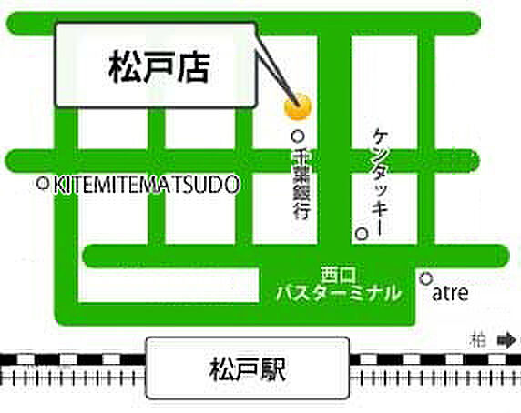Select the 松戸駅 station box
(248, 369)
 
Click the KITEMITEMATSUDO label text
(147, 184)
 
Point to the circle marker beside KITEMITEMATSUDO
(42, 184)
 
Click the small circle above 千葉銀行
(297, 136)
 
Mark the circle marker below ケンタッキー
(362, 234)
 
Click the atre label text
(450, 293)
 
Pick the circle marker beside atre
(425, 278)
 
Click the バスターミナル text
(338, 293)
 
